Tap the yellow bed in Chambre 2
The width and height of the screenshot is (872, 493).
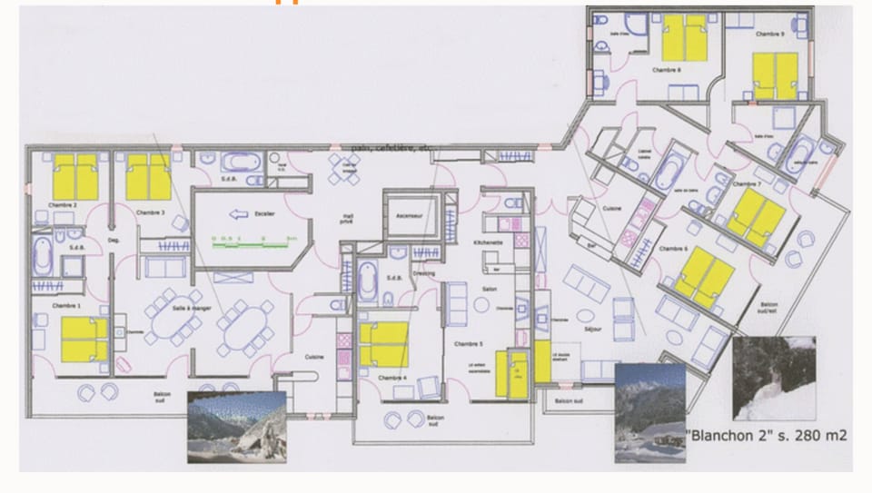click(74, 176)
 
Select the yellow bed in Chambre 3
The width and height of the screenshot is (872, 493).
click(148, 176)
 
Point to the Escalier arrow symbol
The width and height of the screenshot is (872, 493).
click(238, 215)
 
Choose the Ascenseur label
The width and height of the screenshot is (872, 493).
click(410, 204)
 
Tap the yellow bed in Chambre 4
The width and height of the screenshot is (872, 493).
click(383, 344)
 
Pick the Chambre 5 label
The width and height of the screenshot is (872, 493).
click(468, 345)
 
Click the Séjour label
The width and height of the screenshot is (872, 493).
click(595, 330)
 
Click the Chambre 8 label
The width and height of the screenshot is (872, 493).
click(666, 69)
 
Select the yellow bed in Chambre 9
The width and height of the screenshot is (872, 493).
click(776, 75)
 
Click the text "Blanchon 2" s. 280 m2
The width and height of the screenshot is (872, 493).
click(768, 436)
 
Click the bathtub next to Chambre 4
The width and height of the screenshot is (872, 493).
click(366, 281)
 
